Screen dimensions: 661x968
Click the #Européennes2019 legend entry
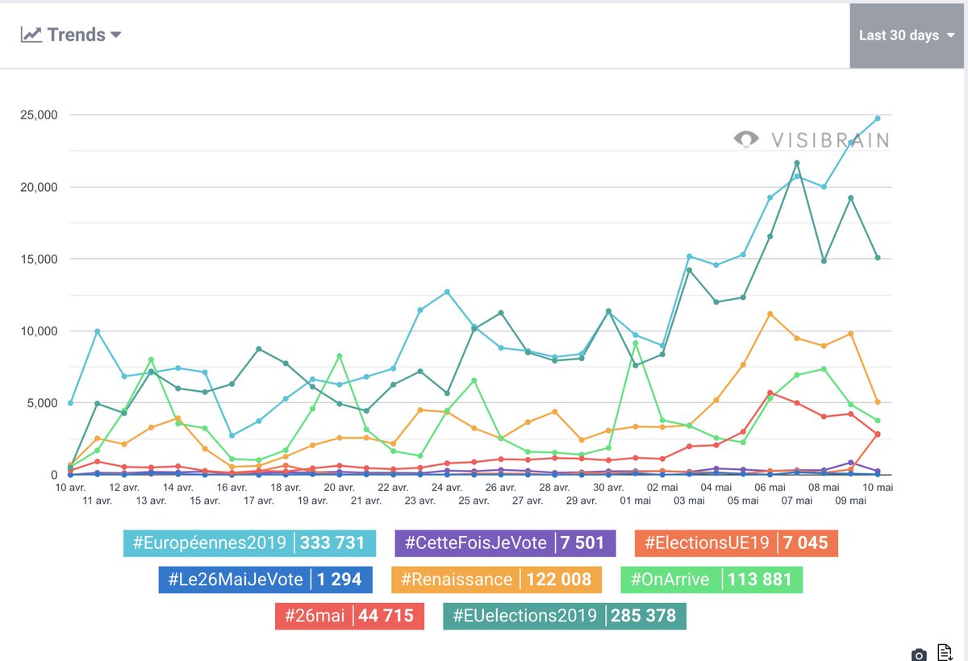coord(249,543)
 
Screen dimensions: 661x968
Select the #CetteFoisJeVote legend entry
coord(505,543)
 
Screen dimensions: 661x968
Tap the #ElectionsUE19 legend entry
coord(736,543)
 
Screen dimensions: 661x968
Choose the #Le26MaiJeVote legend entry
coord(265,579)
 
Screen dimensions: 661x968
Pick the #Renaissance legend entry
coord(496,579)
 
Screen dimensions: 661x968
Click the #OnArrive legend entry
coord(711,579)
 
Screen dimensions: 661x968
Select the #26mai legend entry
coord(348,616)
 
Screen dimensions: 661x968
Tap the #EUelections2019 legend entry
coord(565,616)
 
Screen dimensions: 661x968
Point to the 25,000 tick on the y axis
coord(38,115)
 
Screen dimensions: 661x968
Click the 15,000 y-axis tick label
coord(38,260)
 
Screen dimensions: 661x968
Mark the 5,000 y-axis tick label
coord(41,403)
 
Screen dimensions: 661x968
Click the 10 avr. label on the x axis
coord(71,488)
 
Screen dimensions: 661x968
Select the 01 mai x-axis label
coord(636,501)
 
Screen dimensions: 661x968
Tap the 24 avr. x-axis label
coord(447,488)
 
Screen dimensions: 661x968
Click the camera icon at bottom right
coord(918,654)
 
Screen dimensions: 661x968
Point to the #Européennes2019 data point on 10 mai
coord(878,118)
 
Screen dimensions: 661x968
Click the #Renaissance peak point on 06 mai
coord(770,314)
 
